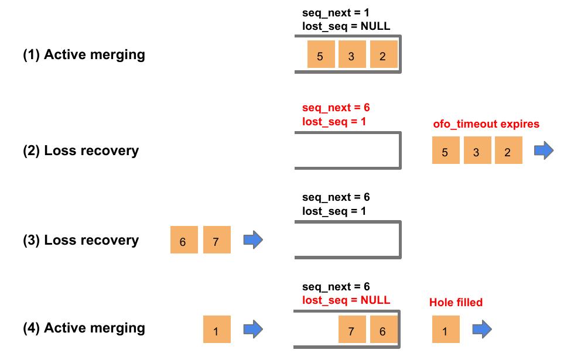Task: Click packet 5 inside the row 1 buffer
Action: (x=320, y=55)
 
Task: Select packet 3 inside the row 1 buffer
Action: (x=351, y=55)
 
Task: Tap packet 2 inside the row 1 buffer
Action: (x=383, y=55)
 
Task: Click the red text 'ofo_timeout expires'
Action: (x=486, y=124)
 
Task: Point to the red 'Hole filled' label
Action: (x=456, y=302)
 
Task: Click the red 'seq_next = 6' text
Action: (x=336, y=108)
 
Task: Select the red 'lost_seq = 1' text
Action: (x=334, y=122)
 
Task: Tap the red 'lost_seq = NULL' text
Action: (x=346, y=300)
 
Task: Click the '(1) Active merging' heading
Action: (x=84, y=55)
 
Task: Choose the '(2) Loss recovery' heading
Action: (x=81, y=150)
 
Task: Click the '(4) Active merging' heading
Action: (x=84, y=328)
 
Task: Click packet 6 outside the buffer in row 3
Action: (x=183, y=240)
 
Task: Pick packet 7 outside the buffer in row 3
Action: (x=216, y=240)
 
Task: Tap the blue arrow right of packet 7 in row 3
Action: (x=252, y=239)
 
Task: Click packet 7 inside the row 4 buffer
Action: (x=351, y=330)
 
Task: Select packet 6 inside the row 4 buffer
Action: (x=383, y=330)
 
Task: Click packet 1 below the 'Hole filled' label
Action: (x=445, y=330)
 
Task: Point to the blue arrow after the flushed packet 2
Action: (x=543, y=150)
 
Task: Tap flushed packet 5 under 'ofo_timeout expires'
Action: (x=445, y=150)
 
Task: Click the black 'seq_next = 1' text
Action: (x=336, y=12)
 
